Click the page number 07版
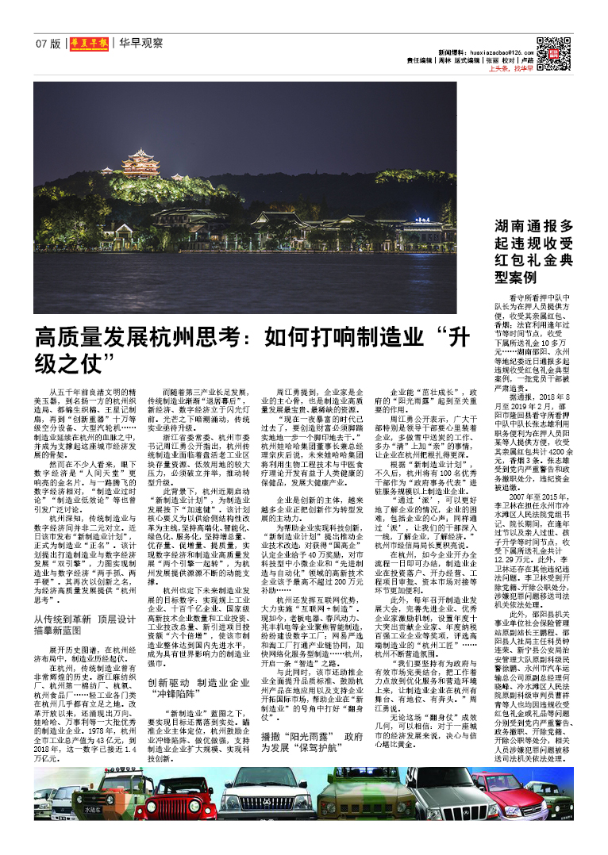click(x=48, y=43)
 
